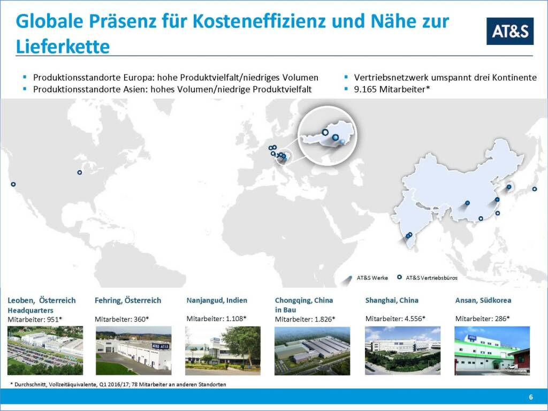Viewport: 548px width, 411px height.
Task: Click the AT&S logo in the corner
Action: pyautogui.click(x=510, y=31)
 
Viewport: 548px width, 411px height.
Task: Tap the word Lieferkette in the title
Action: pyautogui.click(x=63, y=47)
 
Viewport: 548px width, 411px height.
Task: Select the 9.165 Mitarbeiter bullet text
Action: pyautogui.click(x=392, y=89)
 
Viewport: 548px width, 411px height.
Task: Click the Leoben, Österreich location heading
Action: pyautogui.click(x=42, y=300)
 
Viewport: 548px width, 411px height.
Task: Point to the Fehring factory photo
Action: pyautogui.click(x=133, y=351)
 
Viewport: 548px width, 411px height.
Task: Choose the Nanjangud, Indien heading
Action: pyautogui.click(x=217, y=300)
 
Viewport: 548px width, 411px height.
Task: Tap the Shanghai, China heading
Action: pyautogui.click(x=392, y=300)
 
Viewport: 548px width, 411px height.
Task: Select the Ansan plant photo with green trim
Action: pyautogui.click(x=492, y=351)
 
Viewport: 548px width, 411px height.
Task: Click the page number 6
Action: pyautogui.click(x=531, y=397)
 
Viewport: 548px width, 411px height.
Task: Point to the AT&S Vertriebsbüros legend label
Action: pyautogui.click(x=432, y=278)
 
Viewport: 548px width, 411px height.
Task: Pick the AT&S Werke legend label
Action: pyautogui.click(x=372, y=278)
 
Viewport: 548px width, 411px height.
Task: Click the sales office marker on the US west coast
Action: pyautogui.click(x=13, y=184)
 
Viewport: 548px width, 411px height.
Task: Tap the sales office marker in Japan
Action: pyautogui.click(x=535, y=189)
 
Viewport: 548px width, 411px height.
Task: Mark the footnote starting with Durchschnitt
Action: pyautogui.click(x=118, y=384)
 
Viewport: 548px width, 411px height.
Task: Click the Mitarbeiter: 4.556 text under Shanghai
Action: pyautogui.click(x=395, y=319)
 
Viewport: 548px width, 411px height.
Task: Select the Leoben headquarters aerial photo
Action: pyautogui.click(x=45, y=351)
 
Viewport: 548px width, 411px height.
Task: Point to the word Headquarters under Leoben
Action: pyautogui.click(x=31, y=310)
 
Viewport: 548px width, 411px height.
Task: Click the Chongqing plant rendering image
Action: pyautogui.click(x=312, y=351)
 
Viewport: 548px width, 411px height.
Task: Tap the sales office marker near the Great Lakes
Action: pyautogui.click(x=80, y=172)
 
